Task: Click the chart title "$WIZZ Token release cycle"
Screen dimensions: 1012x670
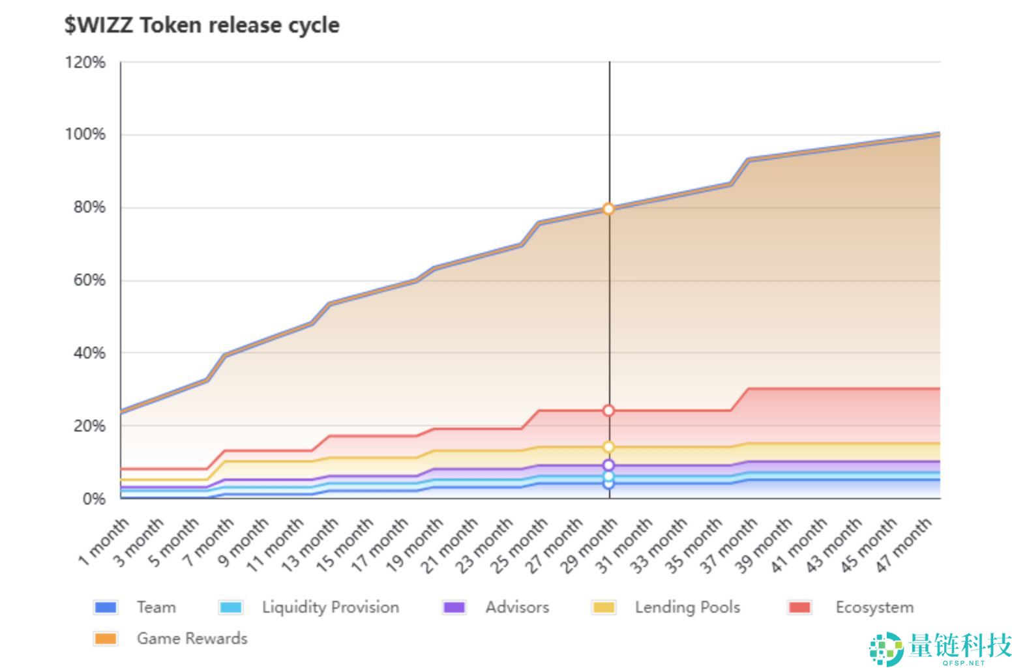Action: [201, 25]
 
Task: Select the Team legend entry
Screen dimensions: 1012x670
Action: [134, 607]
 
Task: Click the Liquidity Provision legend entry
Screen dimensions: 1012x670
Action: [309, 607]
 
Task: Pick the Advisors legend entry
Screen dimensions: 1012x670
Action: [496, 607]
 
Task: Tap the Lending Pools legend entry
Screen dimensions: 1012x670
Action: [666, 607]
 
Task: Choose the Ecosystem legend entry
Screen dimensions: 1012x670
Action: [851, 607]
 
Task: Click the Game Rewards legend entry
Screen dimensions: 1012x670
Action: [170, 639]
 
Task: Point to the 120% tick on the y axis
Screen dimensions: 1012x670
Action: [85, 62]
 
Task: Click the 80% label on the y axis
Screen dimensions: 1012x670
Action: [89, 207]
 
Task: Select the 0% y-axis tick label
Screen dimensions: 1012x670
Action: [94, 499]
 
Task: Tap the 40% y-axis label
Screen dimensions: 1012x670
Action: [89, 353]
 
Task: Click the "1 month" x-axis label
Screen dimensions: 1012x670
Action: [104, 542]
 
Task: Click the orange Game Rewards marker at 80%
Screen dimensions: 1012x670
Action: [608, 209]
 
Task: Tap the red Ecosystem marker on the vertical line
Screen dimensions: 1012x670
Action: [608, 411]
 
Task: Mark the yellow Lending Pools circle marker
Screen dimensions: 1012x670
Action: [608, 447]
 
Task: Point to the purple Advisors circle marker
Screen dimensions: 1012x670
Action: [608, 465]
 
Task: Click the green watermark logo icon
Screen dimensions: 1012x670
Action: [886, 648]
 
